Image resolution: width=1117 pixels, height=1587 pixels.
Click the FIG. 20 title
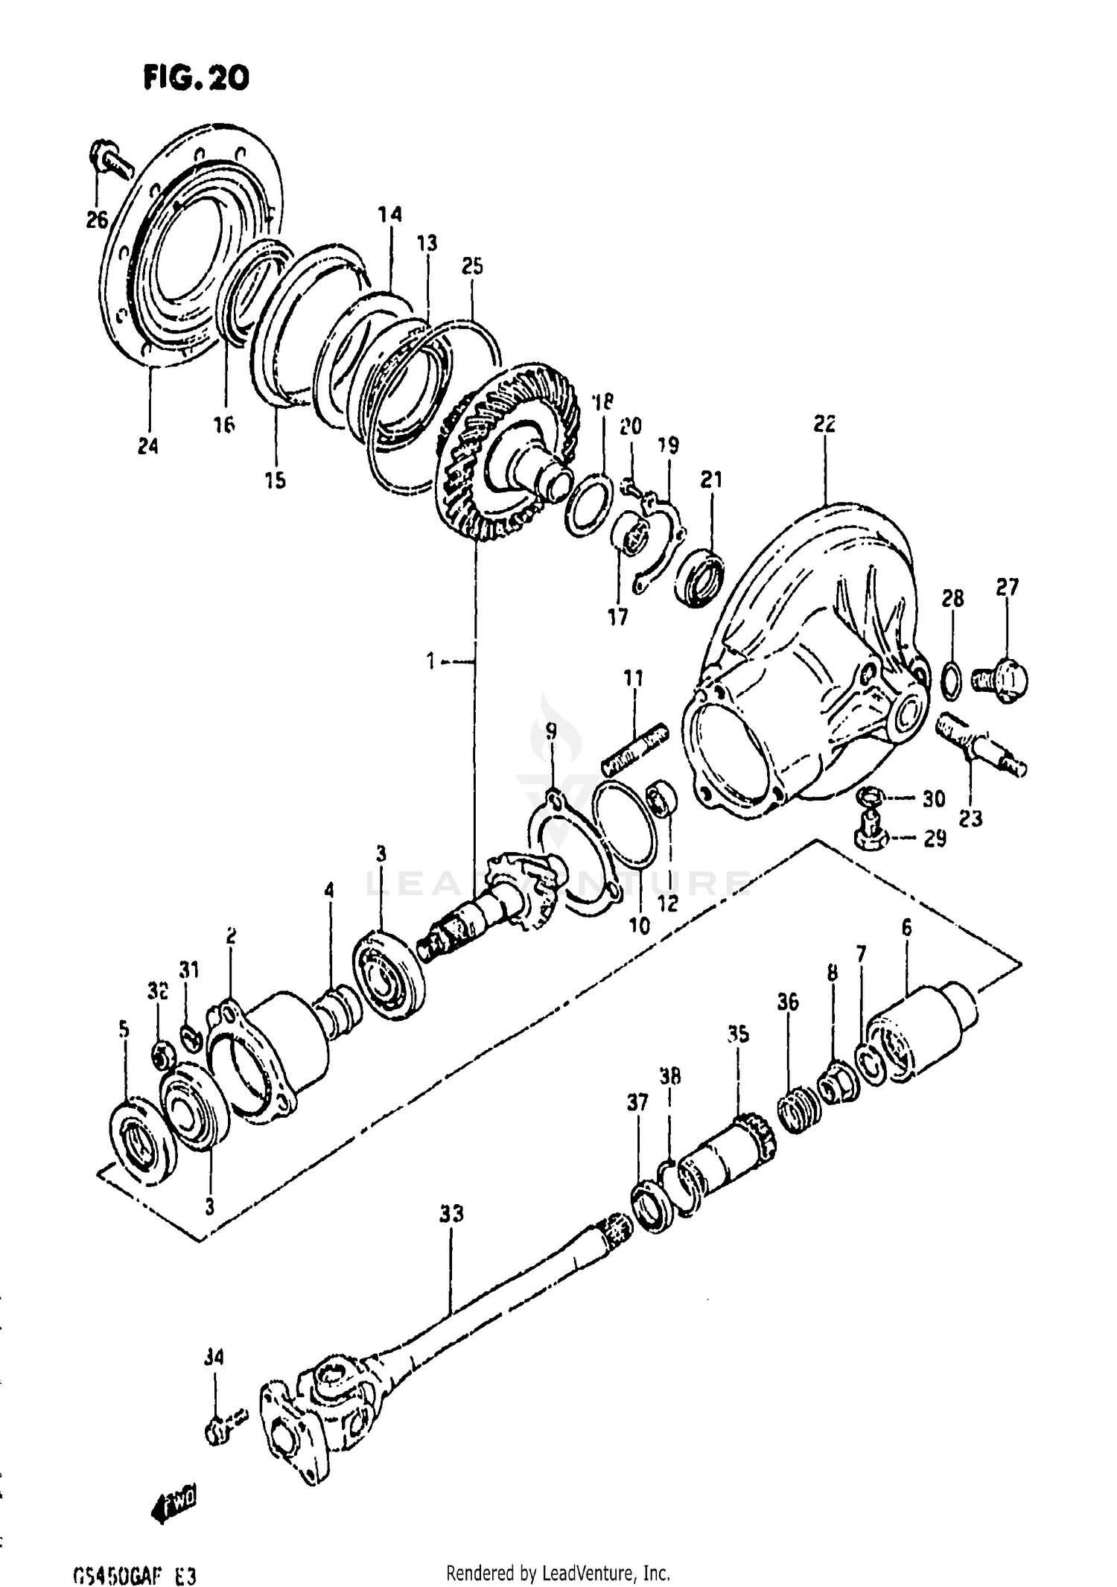click(196, 77)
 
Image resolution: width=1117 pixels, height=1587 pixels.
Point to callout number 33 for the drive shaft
click(451, 1214)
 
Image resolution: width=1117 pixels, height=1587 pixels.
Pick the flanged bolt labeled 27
click(1004, 675)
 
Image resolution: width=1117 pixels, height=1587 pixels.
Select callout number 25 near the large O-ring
click(472, 266)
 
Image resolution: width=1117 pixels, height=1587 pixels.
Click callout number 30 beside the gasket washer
click(933, 798)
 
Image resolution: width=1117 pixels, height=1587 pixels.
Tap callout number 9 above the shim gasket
click(550, 731)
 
